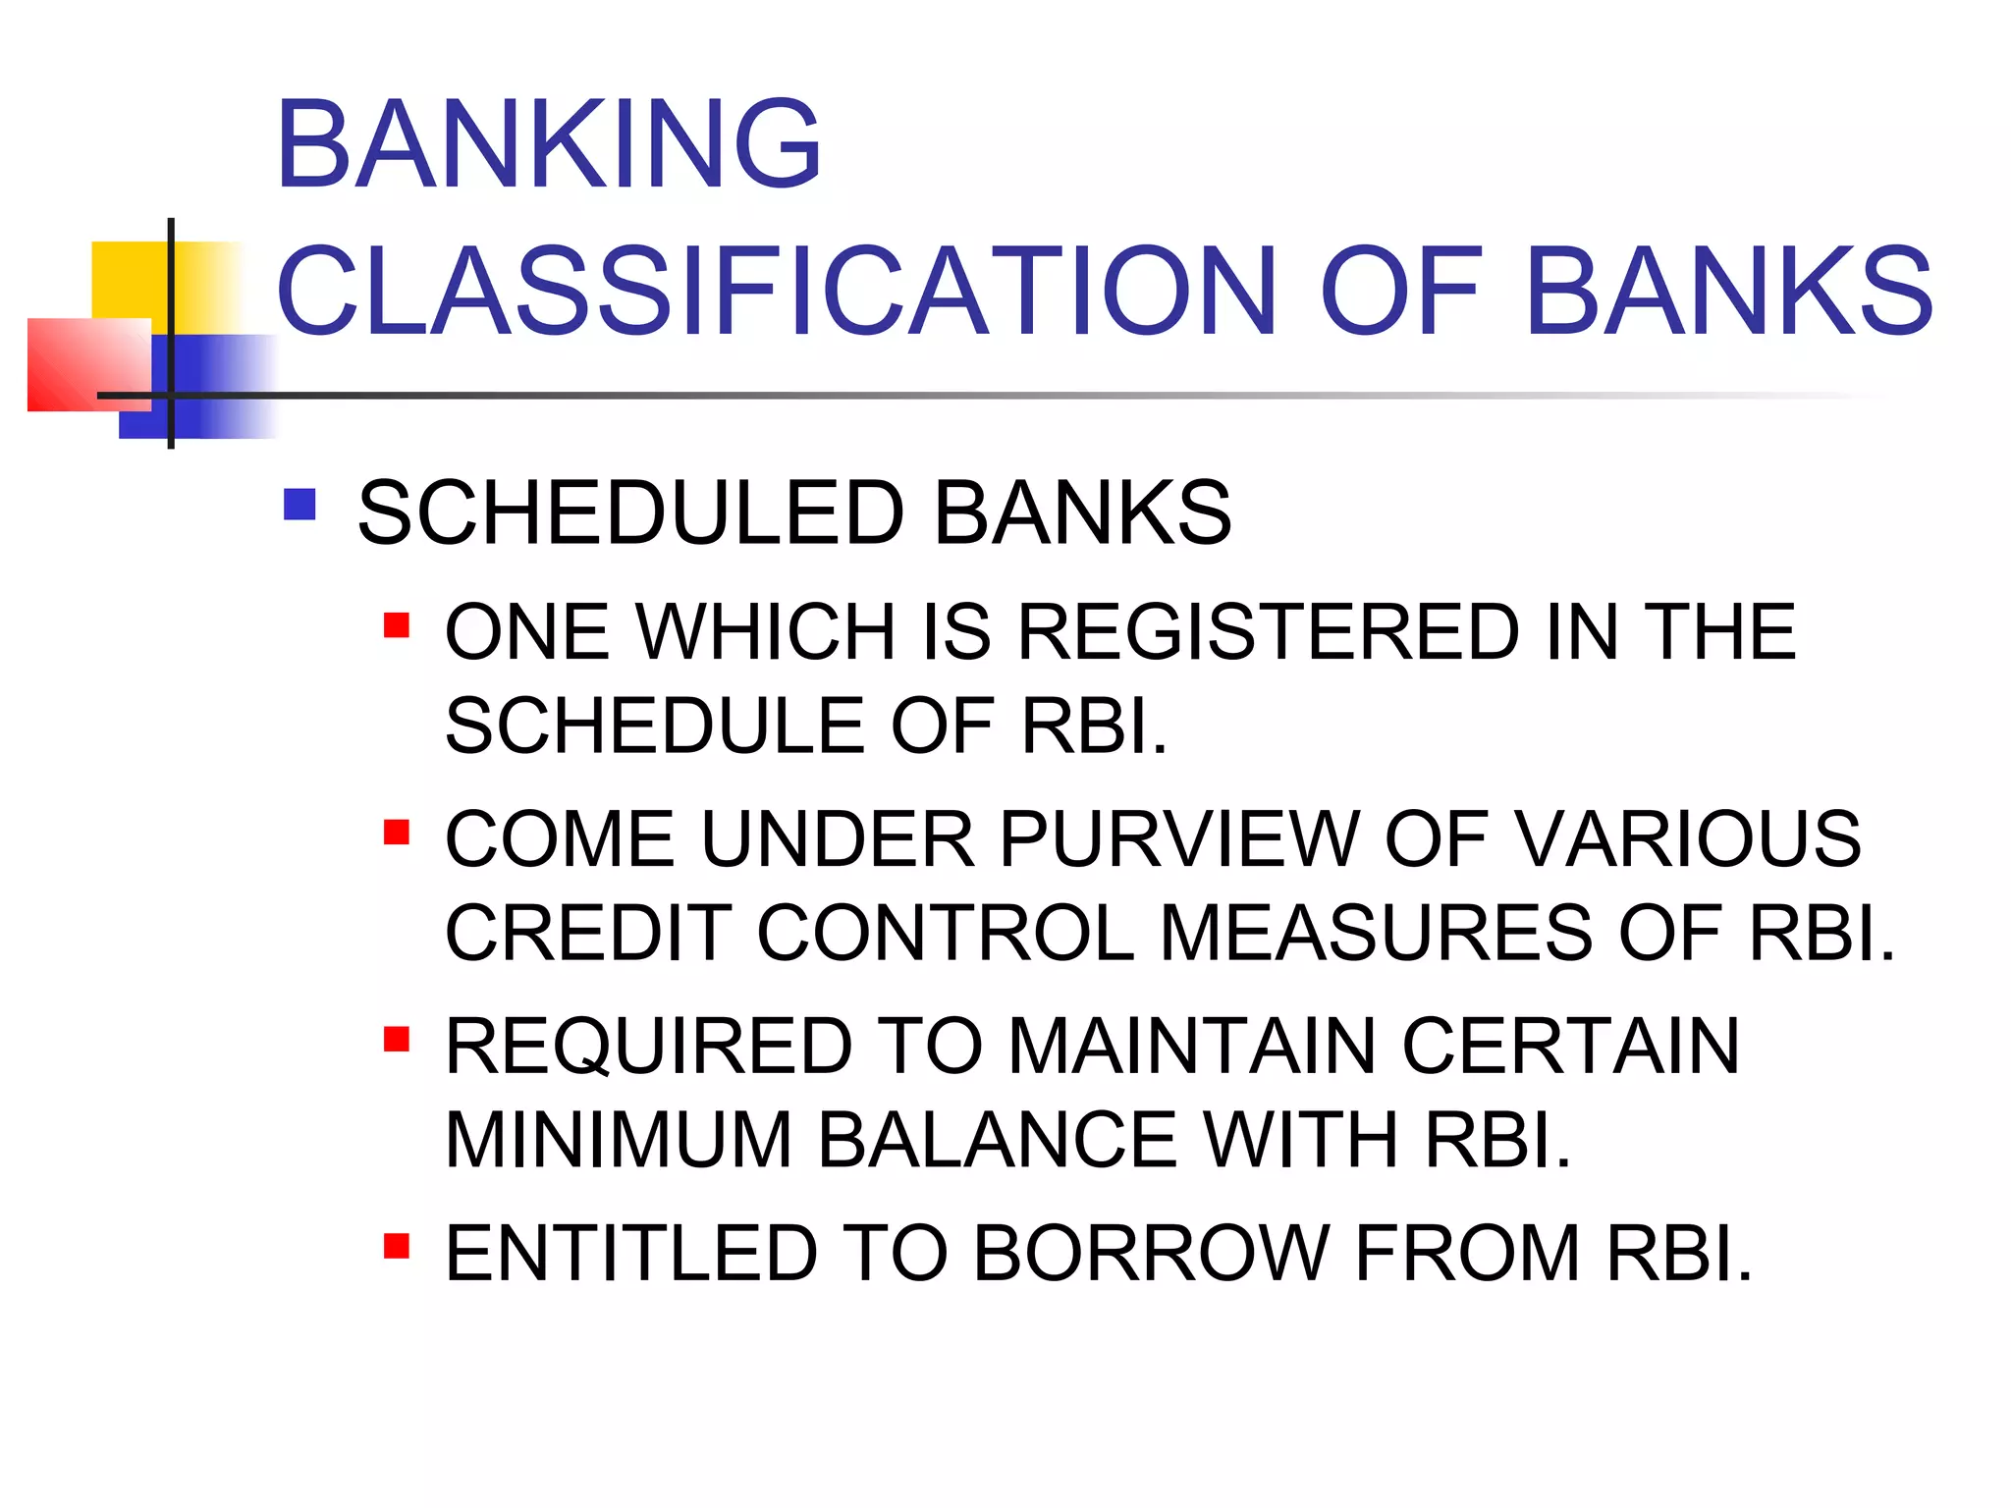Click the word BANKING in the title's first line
[x=548, y=144]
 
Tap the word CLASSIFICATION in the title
[x=776, y=292]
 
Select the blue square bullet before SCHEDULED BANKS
[x=299, y=505]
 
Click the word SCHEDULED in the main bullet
[x=629, y=512]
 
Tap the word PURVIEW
[x=1179, y=838]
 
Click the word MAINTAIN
[x=1192, y=1047]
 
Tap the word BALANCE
[x=997, y=1140]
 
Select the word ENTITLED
[x=631, y=1254]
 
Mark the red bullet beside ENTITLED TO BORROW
[x=396, y=1246]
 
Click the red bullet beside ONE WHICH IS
[x=396, y=625]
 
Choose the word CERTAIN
[x=1570, y=1047]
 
